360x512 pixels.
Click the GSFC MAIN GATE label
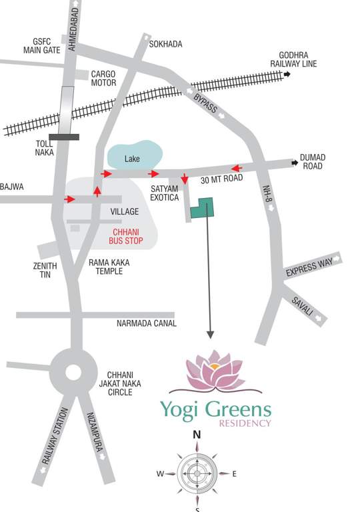click(41, 45)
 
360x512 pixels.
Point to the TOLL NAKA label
click(44, 147)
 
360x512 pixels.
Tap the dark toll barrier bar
click(64, 137)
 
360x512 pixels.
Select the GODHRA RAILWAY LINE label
click(298, 59)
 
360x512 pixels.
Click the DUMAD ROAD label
click(312, 161)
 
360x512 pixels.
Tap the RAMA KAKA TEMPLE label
click(109, 267)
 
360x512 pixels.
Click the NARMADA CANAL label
click(146, 323)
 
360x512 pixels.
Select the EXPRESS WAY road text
click(309, 265)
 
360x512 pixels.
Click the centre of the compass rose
click(197, 473)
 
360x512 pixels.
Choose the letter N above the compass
click(197, 435)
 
